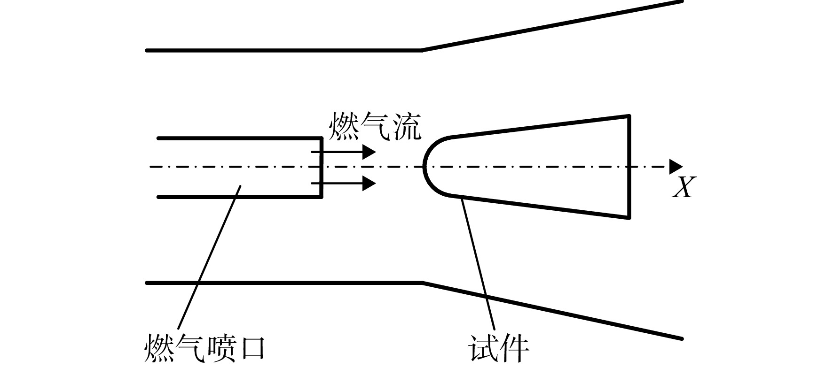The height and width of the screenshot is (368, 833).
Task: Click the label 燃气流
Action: point(374,126)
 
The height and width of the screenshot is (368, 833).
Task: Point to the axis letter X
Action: point(683,187)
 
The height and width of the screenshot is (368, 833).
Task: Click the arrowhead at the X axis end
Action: point(676,166)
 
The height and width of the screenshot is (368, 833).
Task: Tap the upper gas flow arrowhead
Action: point(369,152)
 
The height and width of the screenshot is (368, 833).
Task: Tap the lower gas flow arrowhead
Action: point(369,183)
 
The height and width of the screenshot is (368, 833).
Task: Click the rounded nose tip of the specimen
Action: point(424,166)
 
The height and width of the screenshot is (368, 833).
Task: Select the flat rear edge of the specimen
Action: point(629,167)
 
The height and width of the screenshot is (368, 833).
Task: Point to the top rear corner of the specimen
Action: point(629,115)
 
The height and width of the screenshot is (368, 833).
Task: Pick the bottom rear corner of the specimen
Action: point(629,217)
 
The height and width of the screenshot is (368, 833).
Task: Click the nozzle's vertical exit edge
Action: point(321,168)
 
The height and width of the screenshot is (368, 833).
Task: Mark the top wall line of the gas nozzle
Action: point(240,138)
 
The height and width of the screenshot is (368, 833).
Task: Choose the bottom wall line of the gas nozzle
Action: point(240,197)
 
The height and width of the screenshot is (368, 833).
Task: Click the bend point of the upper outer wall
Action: point(422,50)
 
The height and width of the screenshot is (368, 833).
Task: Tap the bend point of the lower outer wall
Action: point(422,283)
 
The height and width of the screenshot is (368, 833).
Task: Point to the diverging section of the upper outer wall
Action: point(552,25)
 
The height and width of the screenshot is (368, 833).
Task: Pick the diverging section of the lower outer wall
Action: point(552,311)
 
